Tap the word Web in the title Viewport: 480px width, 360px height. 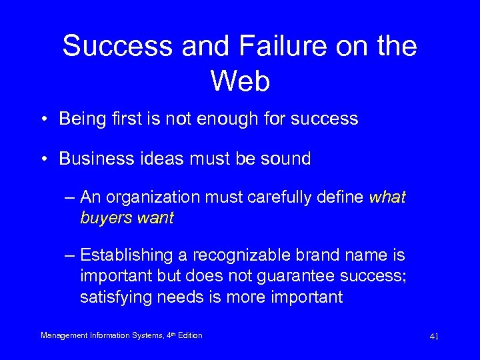(240, 81)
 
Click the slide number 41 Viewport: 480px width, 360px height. (434, 337)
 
